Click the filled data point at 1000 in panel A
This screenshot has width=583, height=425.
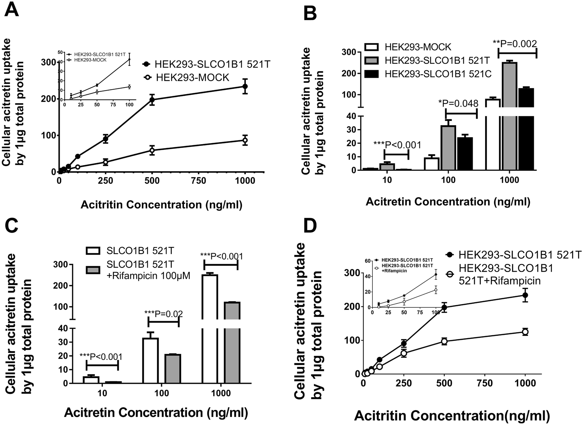[245, 86]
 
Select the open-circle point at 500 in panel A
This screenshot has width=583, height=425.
[152, 150]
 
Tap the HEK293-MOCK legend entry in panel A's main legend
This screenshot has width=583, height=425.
[188, 77]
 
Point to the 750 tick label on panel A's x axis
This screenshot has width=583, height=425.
[199, 181]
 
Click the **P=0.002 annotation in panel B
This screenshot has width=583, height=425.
[515, 43]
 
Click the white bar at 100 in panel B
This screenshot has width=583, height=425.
[431, 164]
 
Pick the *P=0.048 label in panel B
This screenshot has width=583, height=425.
[458, 104]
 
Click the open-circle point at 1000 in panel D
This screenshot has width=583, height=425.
[525, 332]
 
